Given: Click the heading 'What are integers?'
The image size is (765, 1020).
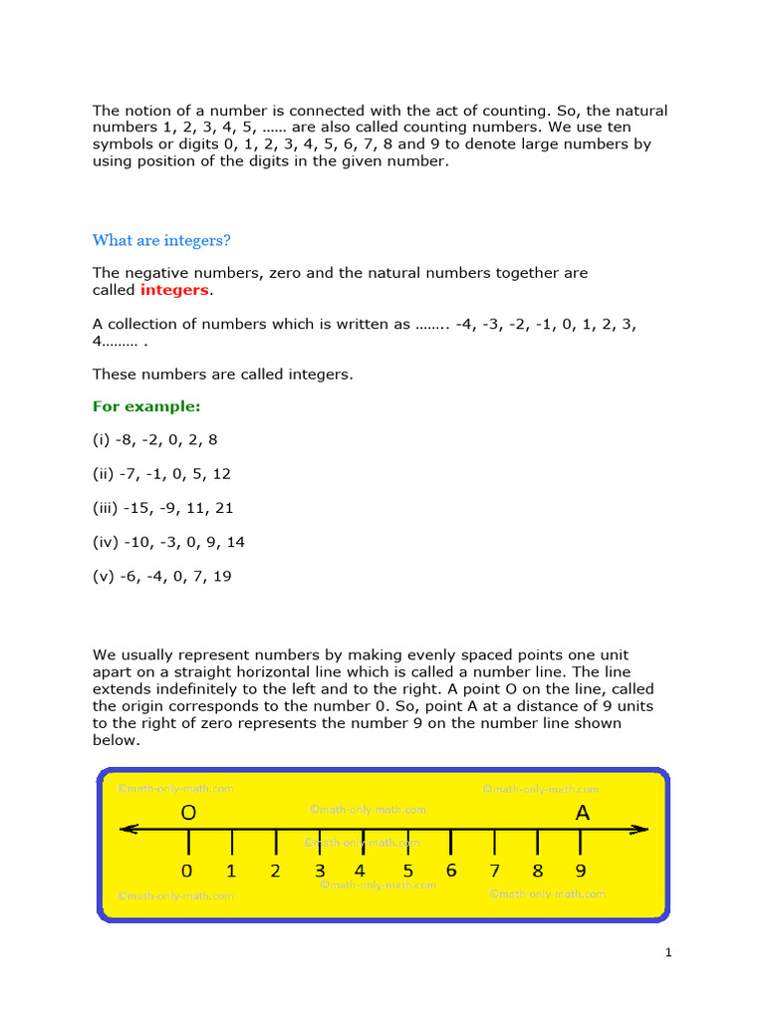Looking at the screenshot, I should click(x=161, y=240).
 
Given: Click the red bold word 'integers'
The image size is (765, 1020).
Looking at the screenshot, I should click(x=174, y=290).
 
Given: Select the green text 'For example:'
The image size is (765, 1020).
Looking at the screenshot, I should click(x=146, y=406).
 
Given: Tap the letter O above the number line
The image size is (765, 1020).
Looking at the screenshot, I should click(x=188, y=814).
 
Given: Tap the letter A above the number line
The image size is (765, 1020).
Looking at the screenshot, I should click(x=583, y=814).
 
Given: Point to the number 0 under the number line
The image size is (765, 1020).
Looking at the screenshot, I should click(x=187, y=872).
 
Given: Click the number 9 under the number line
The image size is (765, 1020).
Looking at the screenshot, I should click(x=581, y=872).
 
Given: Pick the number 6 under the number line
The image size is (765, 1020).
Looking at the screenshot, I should click(x=451, y=872).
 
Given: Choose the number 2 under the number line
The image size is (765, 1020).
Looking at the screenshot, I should click(x=276, y=872).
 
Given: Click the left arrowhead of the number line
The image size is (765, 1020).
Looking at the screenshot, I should click(x=126, y=829).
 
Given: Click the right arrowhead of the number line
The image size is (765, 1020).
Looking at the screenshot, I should click(x=641, y=829).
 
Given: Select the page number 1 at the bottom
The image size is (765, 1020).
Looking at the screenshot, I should click(x=669, y=953).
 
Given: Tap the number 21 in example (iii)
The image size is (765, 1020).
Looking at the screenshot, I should click(x=223, y=508).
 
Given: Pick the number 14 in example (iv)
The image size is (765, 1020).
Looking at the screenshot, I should click(x=235, y=542).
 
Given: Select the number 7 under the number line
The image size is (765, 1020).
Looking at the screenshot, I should click(x=494, y=872).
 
